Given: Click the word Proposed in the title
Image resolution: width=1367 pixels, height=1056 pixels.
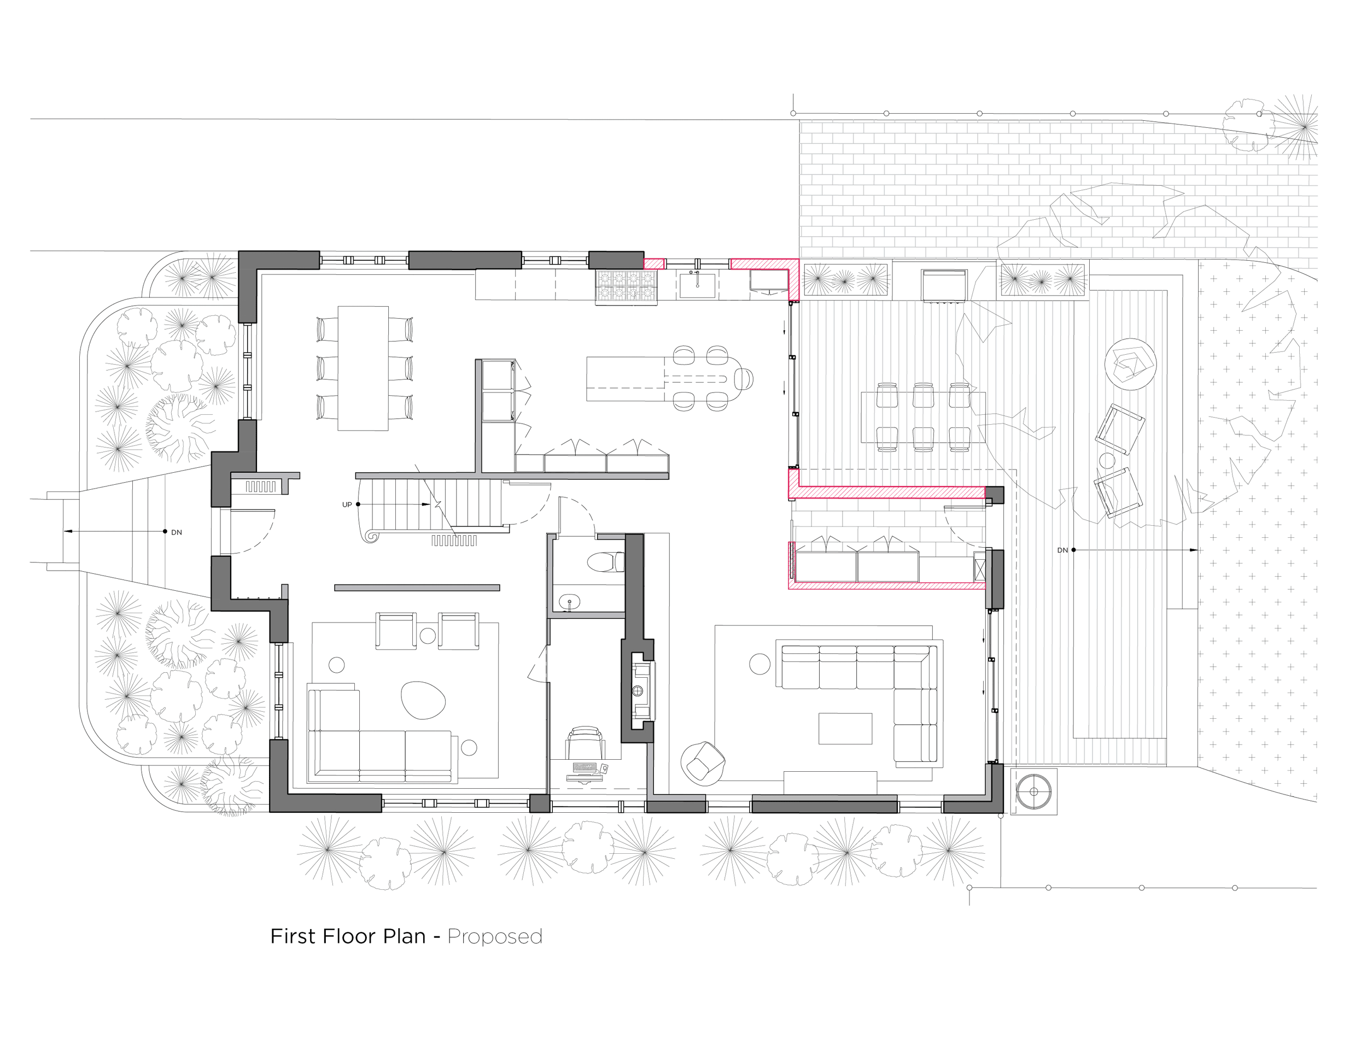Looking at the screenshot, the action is [x=494, y=936].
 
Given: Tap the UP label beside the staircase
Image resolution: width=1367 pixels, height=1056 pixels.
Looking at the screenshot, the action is [x=347, y=505].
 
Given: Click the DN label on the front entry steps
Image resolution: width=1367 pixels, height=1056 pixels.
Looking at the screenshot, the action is [x=177, y=532].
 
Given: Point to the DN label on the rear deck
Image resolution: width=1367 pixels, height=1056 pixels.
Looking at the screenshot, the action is [x=1062, y=550].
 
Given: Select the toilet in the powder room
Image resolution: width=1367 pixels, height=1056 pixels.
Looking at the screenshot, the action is [x=605, y=562].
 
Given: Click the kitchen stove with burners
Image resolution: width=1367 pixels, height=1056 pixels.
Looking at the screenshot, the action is [x=627, y=286].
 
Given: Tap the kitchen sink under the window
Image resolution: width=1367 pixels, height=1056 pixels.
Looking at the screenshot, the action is [x=697, y=285].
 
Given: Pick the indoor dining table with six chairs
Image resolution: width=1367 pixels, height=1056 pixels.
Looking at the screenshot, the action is [x=363, y=368].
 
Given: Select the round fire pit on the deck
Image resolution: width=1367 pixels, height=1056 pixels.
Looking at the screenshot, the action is [x=1130, y=363].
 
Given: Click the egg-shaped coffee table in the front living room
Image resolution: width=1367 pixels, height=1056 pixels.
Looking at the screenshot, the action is [x=423, y=700].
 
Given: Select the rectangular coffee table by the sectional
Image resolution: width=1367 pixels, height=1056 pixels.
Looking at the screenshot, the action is [x=845, y=728].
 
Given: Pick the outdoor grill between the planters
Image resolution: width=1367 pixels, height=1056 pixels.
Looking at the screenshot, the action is [x=944, y=286].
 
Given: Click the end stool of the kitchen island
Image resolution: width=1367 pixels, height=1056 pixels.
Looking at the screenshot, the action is [x=744, y=378].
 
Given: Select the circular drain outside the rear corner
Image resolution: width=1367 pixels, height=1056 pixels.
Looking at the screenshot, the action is [x=1033, y=791].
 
